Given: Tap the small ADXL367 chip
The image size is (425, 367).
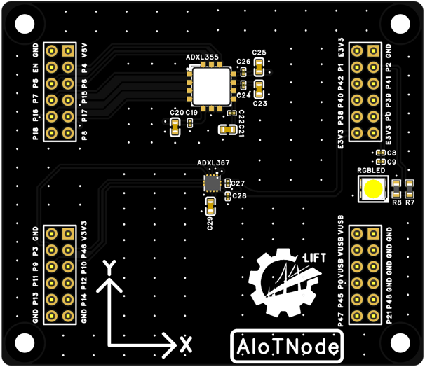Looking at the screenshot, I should tap(211, 183).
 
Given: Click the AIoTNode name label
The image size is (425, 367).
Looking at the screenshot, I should tap(287, 347).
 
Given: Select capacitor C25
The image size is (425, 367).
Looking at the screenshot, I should tap(259, 67).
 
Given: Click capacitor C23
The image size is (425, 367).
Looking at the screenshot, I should tap(259, 89).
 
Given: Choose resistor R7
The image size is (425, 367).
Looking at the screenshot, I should tap(409, 188).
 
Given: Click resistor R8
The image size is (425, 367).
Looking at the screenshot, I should tap(396, 188).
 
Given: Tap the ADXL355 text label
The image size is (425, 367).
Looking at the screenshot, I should tap(203, 56).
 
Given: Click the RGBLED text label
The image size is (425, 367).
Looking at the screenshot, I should tap(371, 170).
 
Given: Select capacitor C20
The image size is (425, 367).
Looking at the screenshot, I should tap(175, 126).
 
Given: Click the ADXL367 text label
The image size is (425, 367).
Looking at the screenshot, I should tap(213, 163).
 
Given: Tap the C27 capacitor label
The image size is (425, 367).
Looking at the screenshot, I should tap(238, 183).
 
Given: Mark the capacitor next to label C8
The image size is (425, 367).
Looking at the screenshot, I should tap(379, 153).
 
